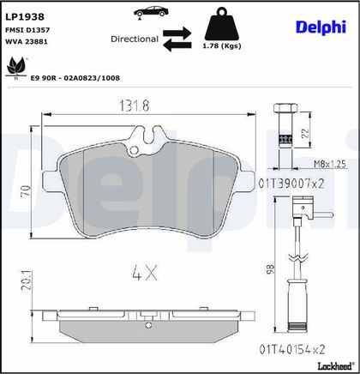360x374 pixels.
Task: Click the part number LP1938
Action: (25, 17)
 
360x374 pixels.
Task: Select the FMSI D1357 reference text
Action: (27, 30)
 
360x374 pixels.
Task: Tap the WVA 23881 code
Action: (27, 41)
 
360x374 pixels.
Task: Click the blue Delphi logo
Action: (321, 27)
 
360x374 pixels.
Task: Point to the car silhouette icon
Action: (151, 11)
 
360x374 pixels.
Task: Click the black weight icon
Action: (222, 24)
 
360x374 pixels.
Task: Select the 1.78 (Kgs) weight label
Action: (222, 45)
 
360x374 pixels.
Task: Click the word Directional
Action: (135, 39)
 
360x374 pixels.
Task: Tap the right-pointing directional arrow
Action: (177, 33)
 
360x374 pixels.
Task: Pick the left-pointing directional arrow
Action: (177, 45)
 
